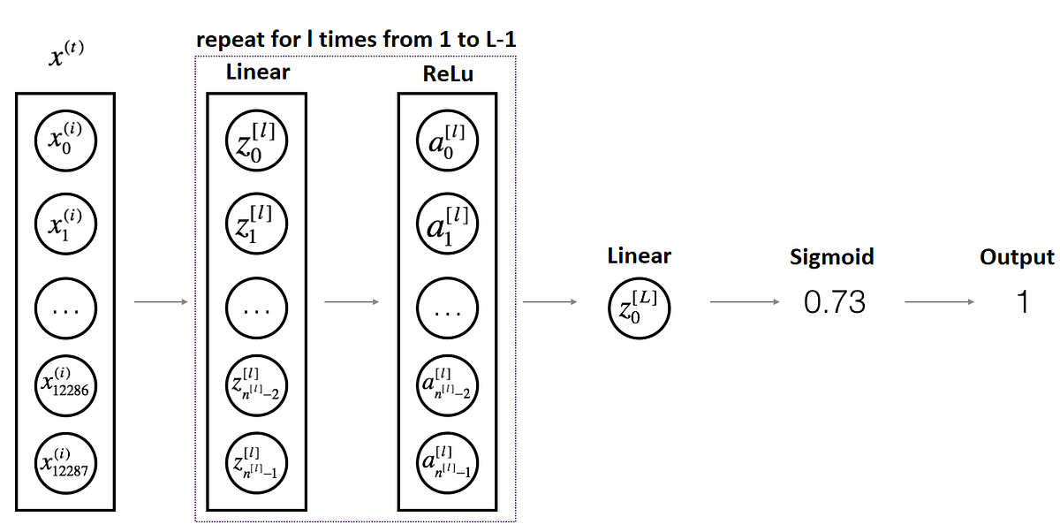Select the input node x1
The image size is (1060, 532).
tap(65, 224)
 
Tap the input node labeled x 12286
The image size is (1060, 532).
tap(65, 383)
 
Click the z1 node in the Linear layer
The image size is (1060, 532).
tap(256, 224)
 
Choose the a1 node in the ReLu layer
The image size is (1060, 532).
tap(447, 224)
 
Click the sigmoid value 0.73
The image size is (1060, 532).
tap(835, 303)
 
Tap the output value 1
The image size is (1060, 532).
tap(1023, 303)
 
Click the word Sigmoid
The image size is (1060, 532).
tap(831, 257)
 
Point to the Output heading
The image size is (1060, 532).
tap(1017, 257)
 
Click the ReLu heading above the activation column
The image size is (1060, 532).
tap(448, 74)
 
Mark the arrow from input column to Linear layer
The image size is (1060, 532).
tap(160, 303)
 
